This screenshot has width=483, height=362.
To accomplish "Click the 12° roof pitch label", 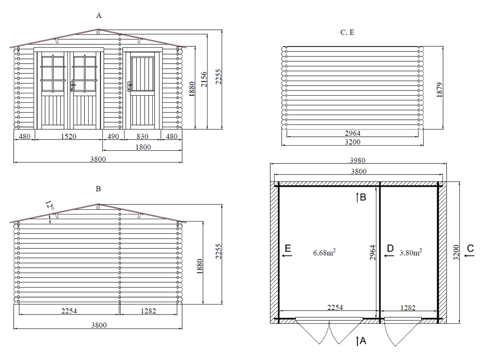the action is tap(50, 205).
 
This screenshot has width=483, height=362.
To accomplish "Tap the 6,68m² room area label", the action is tap(325, 253).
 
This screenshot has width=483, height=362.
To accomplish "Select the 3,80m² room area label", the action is tap(411, 253).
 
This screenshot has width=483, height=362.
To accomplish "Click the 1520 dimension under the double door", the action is tap(68, 136).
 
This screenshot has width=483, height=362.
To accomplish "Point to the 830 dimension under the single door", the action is tap(142, 136).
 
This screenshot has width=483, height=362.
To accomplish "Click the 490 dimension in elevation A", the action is tap(113, 136).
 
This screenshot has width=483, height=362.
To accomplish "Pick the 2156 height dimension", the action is tap(204, 79).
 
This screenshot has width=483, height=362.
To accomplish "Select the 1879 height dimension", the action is tap(439, 90).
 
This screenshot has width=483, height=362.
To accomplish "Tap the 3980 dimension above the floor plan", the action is tap(358, 160).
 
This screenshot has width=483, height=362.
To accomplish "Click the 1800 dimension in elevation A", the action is tap(143, 147).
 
